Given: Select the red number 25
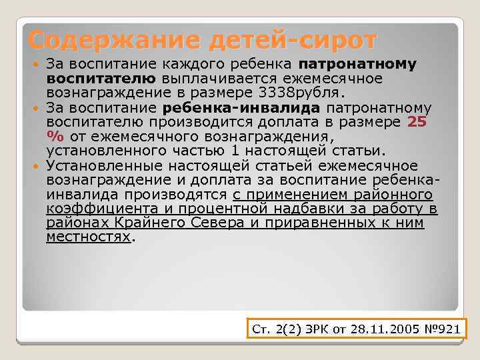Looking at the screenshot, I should [417, 122].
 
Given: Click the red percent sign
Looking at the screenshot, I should [53, 136].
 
